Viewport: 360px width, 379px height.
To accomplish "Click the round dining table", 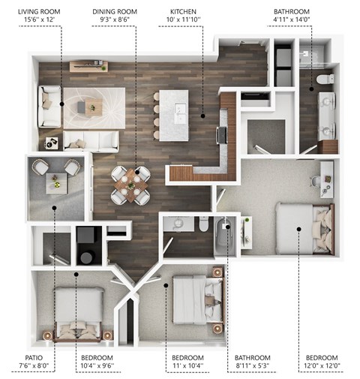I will click(x=131, y=184).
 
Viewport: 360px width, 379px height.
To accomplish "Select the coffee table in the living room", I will click(x=88, y=107).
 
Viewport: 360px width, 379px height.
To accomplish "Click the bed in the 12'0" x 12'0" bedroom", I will click(x=304, y=227).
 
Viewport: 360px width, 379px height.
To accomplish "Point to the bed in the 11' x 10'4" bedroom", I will click(x=196, y=298).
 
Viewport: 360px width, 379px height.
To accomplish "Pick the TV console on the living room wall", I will click(x=88, y=67).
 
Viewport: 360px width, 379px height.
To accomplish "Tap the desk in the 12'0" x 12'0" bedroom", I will click(x=323, y=177).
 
